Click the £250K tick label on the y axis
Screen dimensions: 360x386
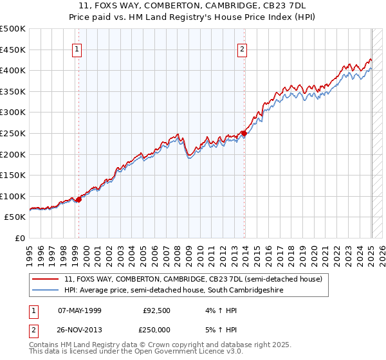[x=13, y=133]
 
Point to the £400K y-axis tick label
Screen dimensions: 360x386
[x=13, y=70]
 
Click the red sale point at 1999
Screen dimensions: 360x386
[x=79, y=199]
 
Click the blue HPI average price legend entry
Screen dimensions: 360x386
[x=174, y=291]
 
